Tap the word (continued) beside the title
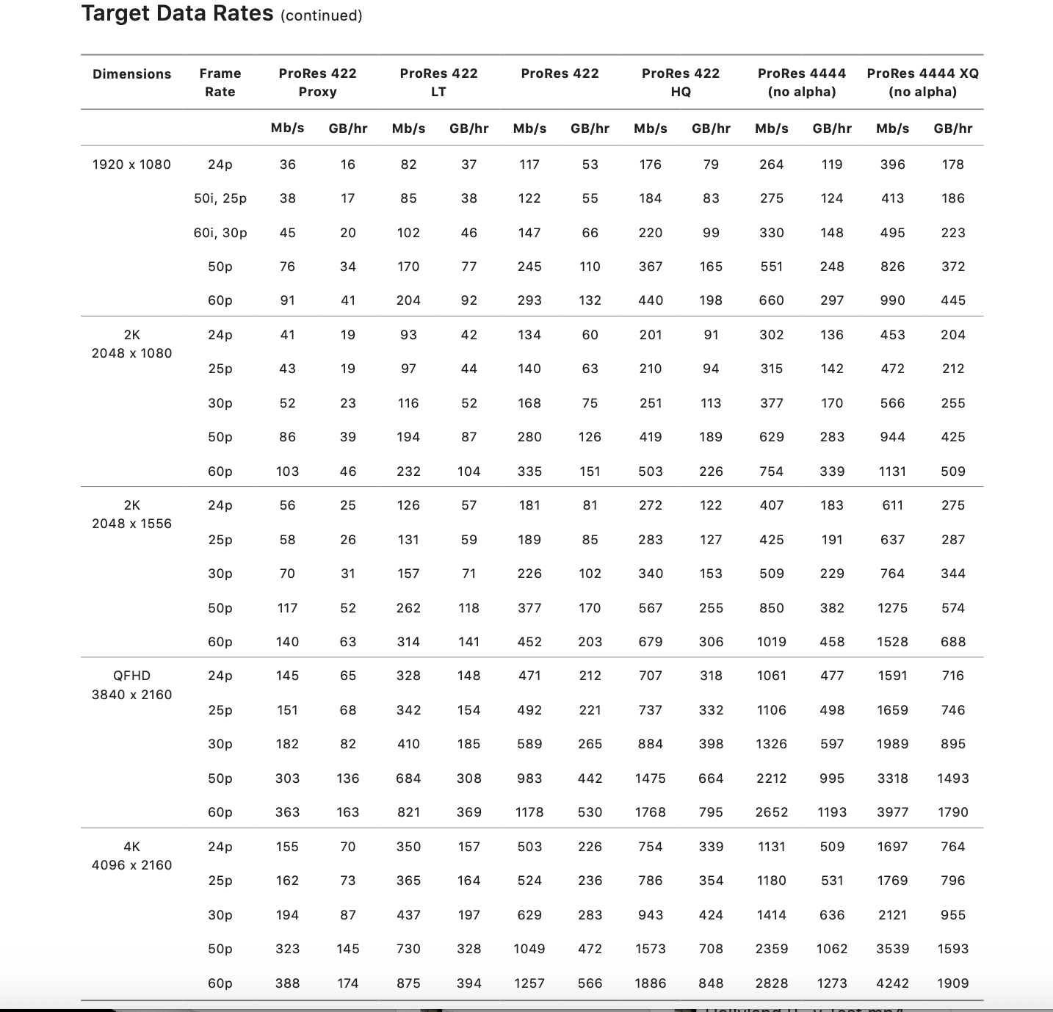click(x=321, y=15)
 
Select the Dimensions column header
click(x=131, y=74)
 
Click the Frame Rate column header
click(x=220, y=82)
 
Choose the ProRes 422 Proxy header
click(x=317, y=82)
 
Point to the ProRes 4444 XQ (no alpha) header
click(x=922, y=82)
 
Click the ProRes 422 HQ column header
click(x=680, y=82)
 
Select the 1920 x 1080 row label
click(x=131, y=165)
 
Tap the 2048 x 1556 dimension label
click(x=131, y=524)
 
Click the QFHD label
click(x=131, y=676)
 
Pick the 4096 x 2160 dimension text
click(x=131, y=865)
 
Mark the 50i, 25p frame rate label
click(x=220, y=198)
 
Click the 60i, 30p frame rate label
click(x=220, y=233)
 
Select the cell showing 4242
click(x=892, y=983)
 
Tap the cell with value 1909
click(x=952, y=983)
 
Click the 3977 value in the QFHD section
click(x=892, y=812)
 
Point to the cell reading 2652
click(x=771, y=812)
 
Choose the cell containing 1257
click(x=529, y=983)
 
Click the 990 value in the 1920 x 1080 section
click(x=892, y=300)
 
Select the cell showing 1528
click(x=892, y=642)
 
